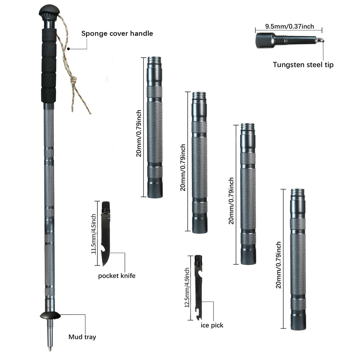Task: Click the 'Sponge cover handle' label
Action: pyautogui.click(x=117, y=34)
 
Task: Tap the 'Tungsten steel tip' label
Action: pyautogui.click(x=303, y=65)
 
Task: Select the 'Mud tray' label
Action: pyautogui.click(x=82, y=337)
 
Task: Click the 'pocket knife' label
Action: pyautogui.click(x=116, y=276)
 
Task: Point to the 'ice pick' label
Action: pyautogui.click(x=212, y=326)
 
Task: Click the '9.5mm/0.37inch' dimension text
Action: pyautogui.click(x=289, y=26)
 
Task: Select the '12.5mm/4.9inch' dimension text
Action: pyautogui.click(x=187, y=287)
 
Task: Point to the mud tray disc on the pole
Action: pyautogui.click(x=50, y=315)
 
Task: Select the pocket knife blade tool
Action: pyautogui.click(x=106, y=234)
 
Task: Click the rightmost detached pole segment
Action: pyautogui.click(x=298, y=260)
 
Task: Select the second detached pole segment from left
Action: pyautogui.click(x=199, y=162)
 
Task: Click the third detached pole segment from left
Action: pyautogui.click(x=248, y=193)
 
